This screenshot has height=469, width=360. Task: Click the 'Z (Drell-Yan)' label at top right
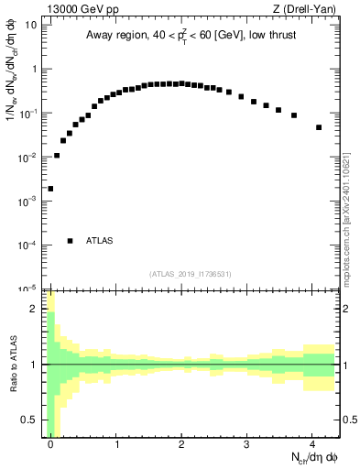(x=306, y=8)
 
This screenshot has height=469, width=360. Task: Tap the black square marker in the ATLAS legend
(x=70, y=241)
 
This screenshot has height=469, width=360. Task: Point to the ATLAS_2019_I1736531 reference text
(x=191, y=274)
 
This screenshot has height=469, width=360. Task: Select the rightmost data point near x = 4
(x=319, y=127)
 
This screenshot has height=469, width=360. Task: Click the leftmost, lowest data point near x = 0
(x=50, y=189)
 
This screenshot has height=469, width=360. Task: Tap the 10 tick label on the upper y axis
(x=31, y=25)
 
